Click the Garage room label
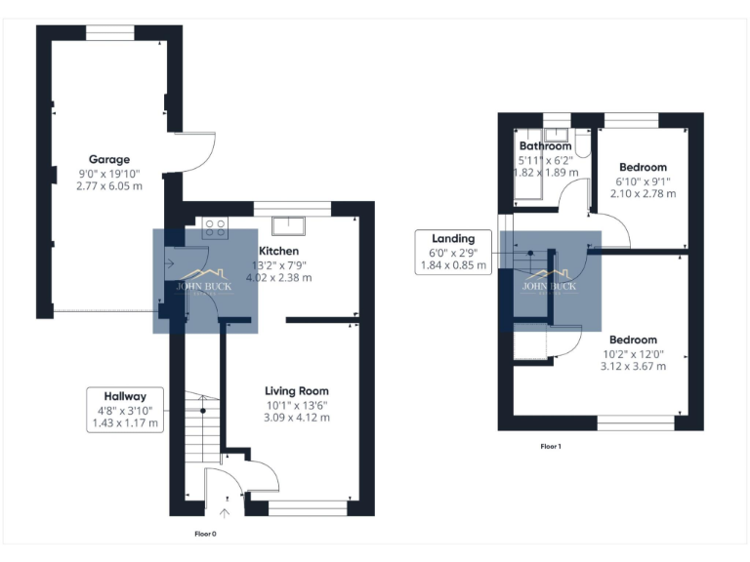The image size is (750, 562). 109,159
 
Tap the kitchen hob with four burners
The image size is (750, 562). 215,228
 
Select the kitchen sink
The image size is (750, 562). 289,226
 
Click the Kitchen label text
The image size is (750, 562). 278,251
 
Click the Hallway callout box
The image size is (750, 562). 125,410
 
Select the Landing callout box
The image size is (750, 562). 453,252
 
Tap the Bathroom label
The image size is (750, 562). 545,146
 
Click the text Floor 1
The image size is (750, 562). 552,446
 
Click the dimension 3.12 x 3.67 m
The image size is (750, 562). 635,367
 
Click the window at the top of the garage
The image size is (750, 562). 109,32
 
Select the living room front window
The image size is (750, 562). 307,506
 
